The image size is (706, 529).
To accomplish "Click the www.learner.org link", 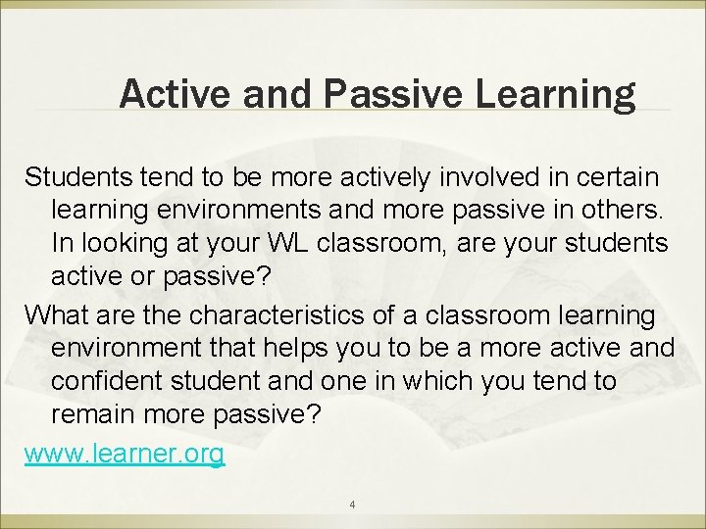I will click(x=125, y=455).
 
